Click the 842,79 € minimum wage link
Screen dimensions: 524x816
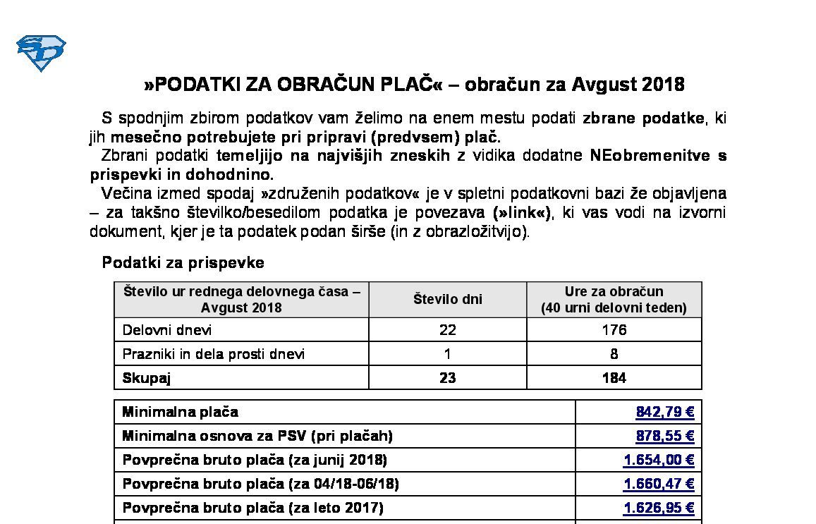coord(664,412)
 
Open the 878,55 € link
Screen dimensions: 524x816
coord(664,436)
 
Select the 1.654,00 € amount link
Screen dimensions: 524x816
coord(659,460)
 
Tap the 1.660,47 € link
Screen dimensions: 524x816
coord(659,484)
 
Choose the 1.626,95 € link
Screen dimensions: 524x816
coord(659,508)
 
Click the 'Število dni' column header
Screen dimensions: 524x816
coord(447,299)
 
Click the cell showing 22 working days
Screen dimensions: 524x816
coord(447,330)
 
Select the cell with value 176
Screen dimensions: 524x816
coord(614,330)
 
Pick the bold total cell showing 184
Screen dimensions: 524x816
coord(614,378)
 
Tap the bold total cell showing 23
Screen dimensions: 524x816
coord(447,378)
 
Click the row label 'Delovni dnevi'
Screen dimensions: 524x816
coord(167,330)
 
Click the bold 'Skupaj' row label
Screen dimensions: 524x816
coord(147,378)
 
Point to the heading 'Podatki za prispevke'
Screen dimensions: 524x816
coord(183,263)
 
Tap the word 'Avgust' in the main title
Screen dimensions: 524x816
coord(604,85)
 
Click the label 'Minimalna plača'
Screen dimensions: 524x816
coord(181,412)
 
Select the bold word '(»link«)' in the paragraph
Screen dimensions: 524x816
coord(523,212)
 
